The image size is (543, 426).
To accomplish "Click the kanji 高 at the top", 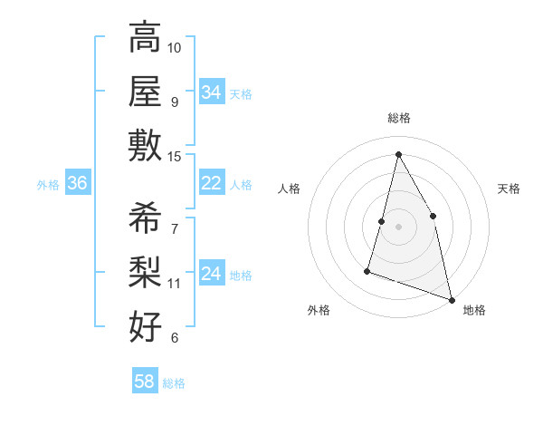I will point(145,38).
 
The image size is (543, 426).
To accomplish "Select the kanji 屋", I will point(145,92).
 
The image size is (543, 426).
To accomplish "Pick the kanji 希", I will point(145,218).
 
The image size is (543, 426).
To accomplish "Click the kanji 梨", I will point(145,272).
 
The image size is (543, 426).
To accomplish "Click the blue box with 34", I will point(212,92).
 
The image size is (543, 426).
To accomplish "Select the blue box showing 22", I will point(212,183).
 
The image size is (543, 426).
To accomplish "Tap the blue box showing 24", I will point(212,274).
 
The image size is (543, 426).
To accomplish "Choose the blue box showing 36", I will point(78,183).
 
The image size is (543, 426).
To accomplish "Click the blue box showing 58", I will point(145,382).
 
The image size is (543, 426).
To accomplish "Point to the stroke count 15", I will point(175,157).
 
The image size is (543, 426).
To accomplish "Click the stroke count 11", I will point(175,284).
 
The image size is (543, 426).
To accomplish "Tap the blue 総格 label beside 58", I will point(174,383).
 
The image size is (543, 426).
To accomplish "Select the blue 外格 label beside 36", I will point(48,185).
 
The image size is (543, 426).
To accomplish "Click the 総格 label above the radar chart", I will point(398,118).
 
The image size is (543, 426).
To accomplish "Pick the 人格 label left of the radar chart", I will point(290,189).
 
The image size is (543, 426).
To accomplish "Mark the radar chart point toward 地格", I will point(452,300).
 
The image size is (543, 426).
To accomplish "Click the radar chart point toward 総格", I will point(398,154).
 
